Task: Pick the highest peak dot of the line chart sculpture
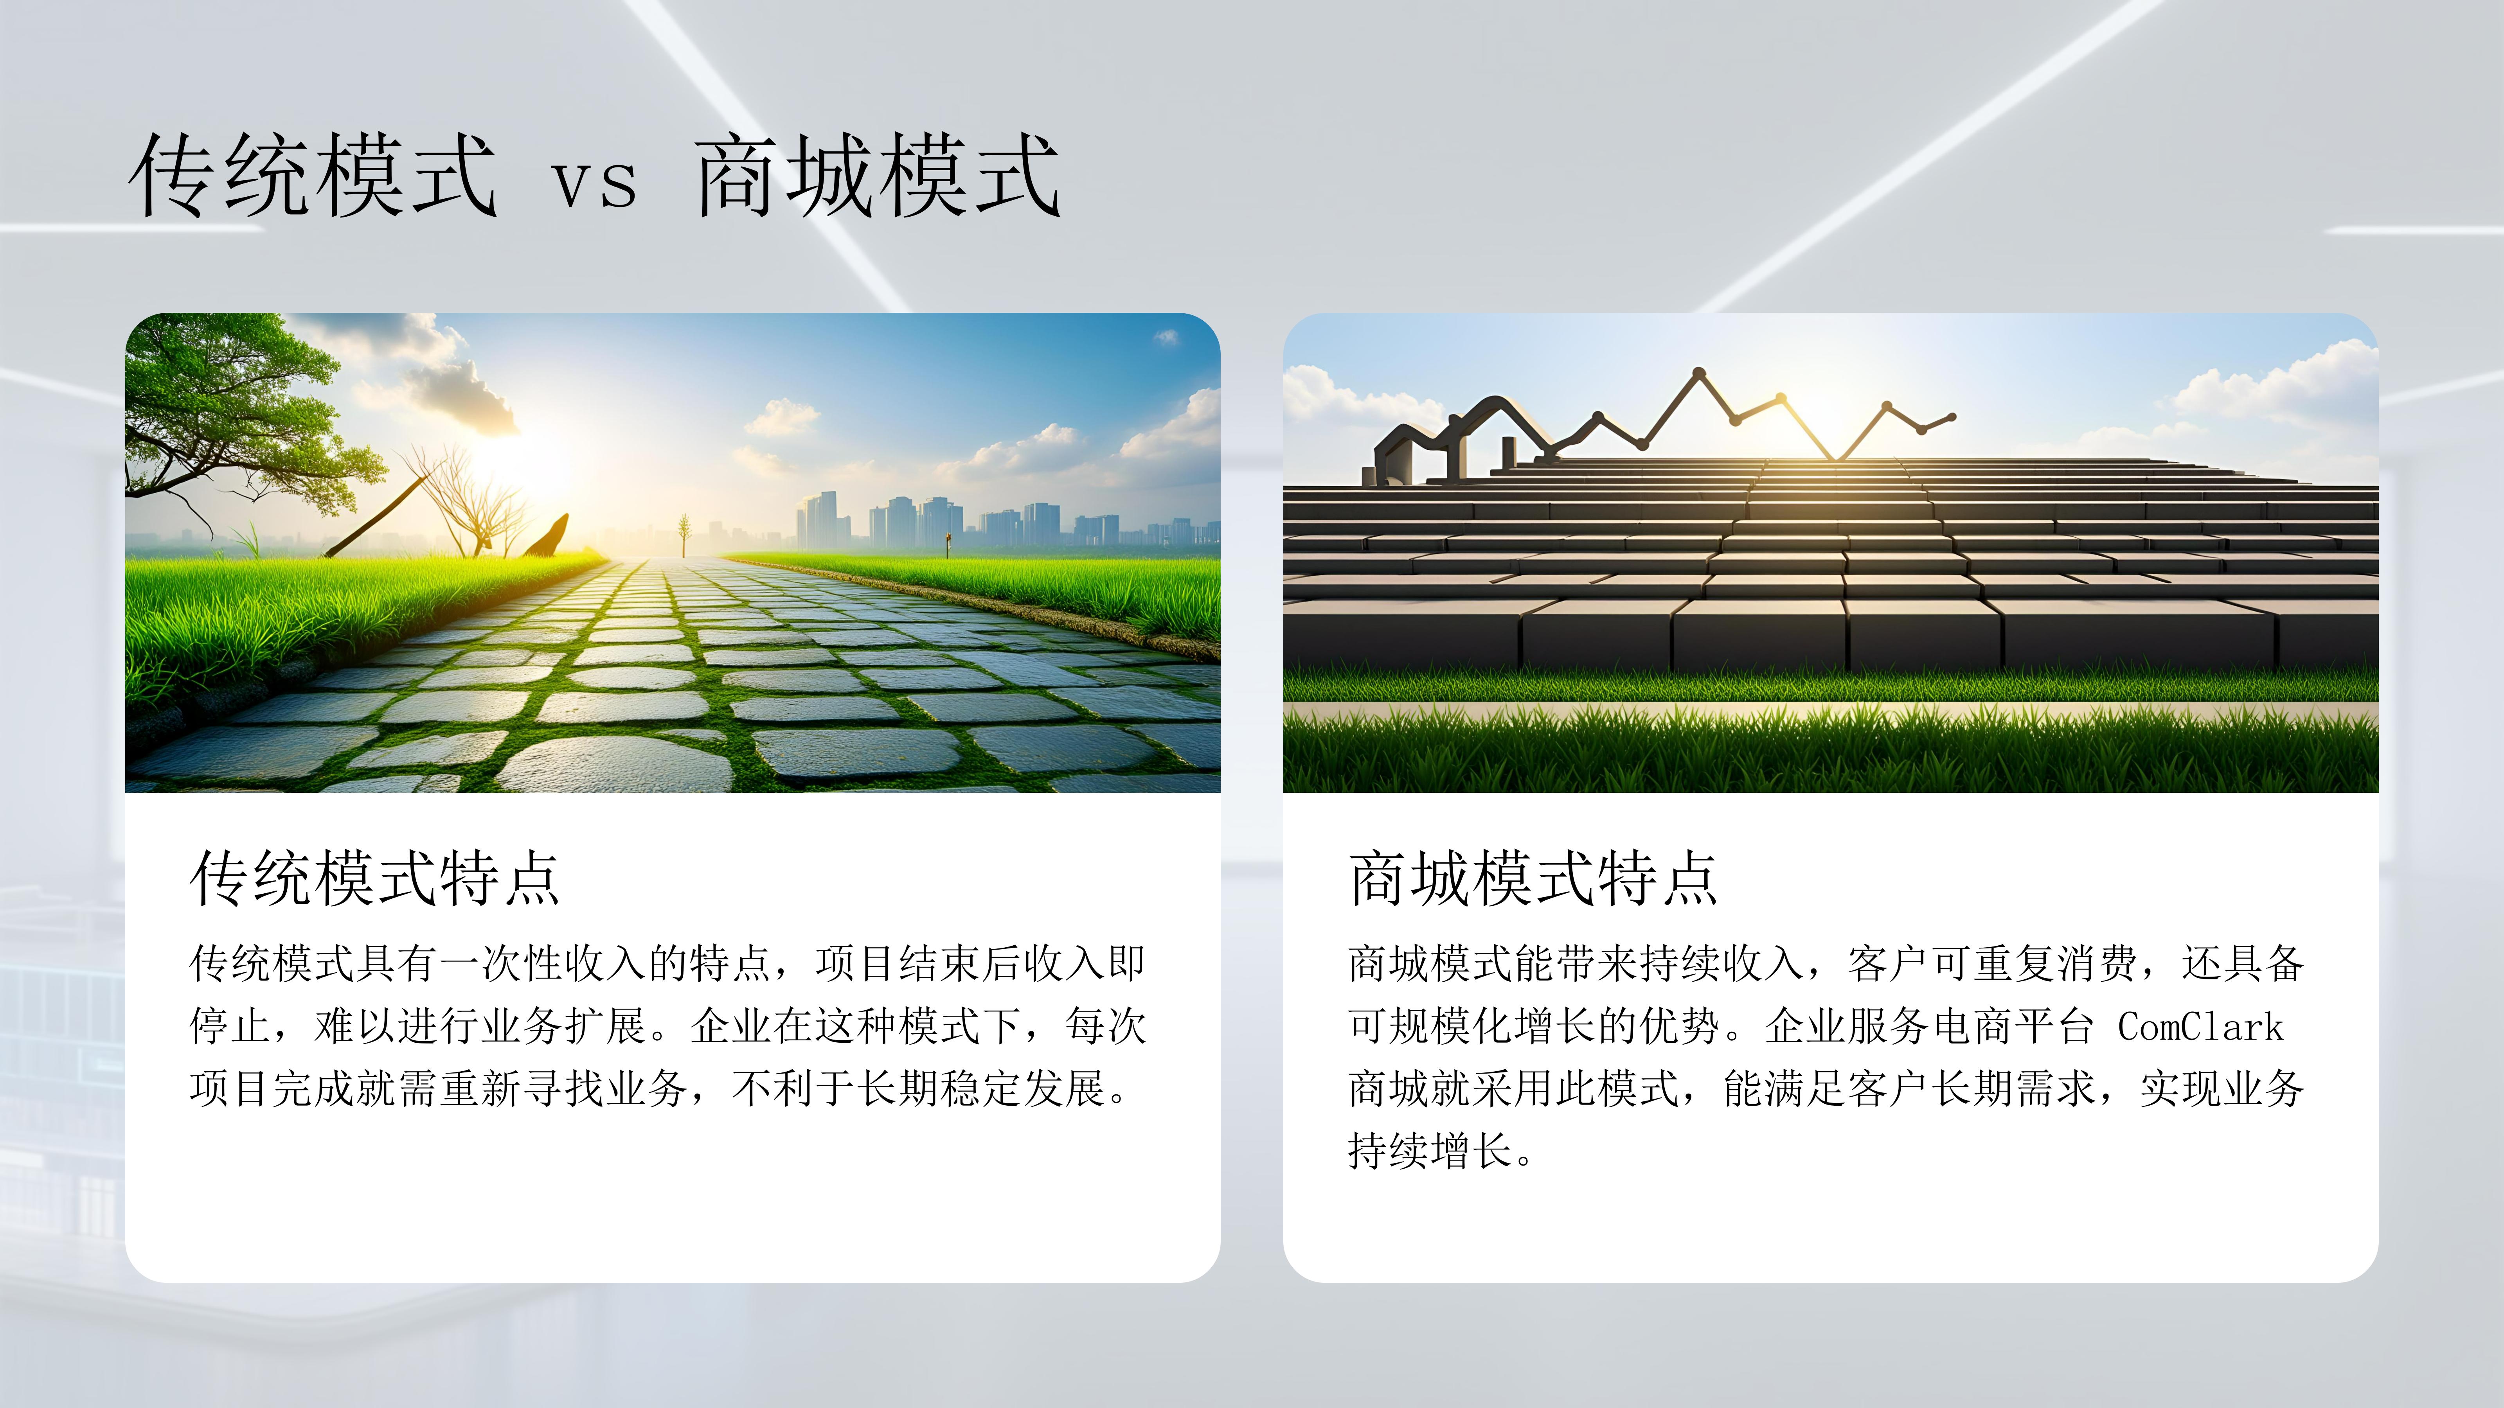(1698, 372)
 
